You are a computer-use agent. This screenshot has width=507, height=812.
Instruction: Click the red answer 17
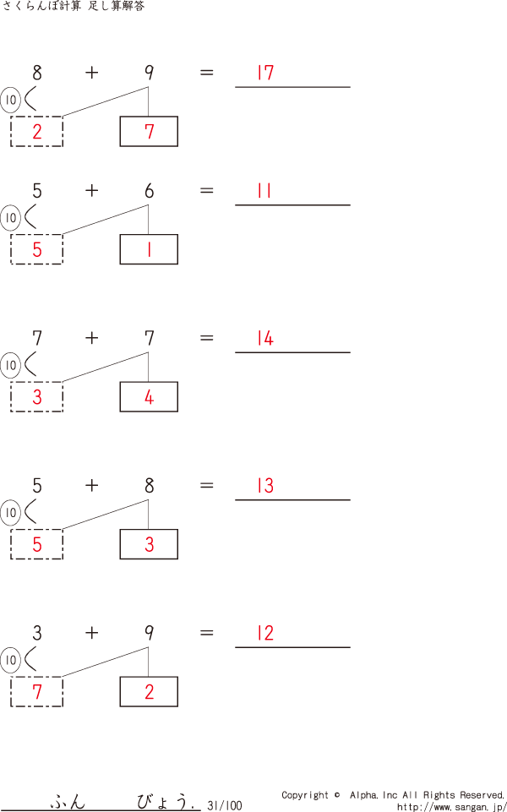pyautogui.click(x=265, y=73)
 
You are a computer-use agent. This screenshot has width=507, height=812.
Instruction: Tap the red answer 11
pyautogui.click(x=264, y=191)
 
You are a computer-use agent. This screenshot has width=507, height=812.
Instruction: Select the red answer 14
pyautogui.click(x=265, y=339)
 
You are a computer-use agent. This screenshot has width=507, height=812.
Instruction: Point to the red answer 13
pyautogui.click(x=265, y=486)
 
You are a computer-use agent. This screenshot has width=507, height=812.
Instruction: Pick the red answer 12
pyautogui.click(x=265, y=634)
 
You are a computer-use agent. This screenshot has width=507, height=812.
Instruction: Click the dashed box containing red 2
pyautogui.click(x=36, y=132)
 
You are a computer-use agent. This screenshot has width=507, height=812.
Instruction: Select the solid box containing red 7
pyautogui.click(x=149, y=132)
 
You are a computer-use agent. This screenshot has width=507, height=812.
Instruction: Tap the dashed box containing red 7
pyautogui.click(x=36, y=692)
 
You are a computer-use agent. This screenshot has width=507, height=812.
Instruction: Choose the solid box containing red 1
pyautogui.click(x=149, y=249)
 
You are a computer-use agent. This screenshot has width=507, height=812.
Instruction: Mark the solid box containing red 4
pyautogui.click(x=149, y=397)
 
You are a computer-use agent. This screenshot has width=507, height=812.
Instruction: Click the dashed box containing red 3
pyautogui.click(x=36, y=397)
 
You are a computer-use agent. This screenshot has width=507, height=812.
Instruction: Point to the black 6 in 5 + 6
pyautogui.click(x=149, y=191)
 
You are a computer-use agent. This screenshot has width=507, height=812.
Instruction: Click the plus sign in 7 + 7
pyautogui.click(x=91, y=338)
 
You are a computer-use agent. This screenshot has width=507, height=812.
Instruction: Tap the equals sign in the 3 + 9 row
pyautogui.click(x=207, y=633)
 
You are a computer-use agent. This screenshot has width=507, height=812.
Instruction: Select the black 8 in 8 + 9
pyautogui.click(x=36, y=73)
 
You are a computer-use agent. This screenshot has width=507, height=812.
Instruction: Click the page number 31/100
pyautogui.click(x=224, y=805)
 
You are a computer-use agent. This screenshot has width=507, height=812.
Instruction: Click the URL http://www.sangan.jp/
pyautogui.click(x=450, y=806)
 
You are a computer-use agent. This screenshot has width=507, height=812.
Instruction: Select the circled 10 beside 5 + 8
pyautogui.click(x=10, y=512)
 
